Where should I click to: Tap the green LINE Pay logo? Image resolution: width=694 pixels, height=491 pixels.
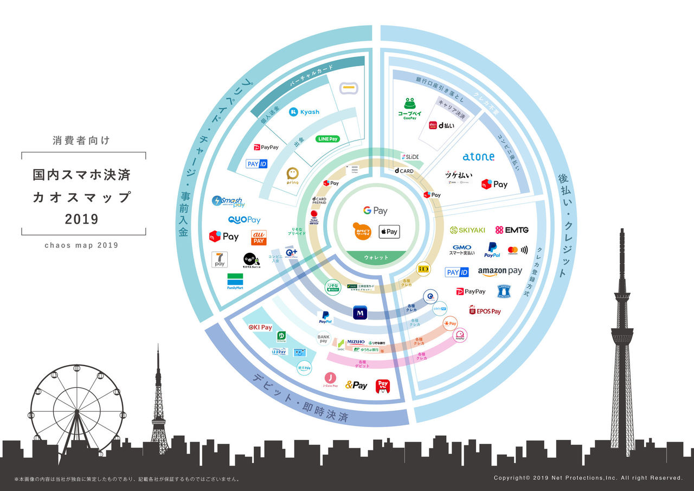pyautogui.click(x=327, y=139)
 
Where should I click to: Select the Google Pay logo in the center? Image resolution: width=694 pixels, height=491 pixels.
pyautogui.click(x=375, y=211)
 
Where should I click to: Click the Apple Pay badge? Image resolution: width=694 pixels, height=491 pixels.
pyautogui.click(x=389, y=232)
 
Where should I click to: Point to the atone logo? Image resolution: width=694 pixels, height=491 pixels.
pyautogui.click(x=478, y=156)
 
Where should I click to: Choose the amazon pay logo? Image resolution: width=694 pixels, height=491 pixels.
pyautogui.click(x=500, y=271)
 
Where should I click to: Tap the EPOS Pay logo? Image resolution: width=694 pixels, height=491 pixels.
pyautogui.click(x=485, y=311)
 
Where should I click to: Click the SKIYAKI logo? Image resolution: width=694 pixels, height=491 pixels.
pyautogui.click(x=467, y=230)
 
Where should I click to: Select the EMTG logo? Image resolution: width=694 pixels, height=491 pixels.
pyautogui.click(x=512, y=230)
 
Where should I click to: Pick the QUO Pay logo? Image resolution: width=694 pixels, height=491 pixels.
pyautogui.click(x=244, y=220)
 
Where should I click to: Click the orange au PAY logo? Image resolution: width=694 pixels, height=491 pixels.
pyautogui.click(x=259, y=238)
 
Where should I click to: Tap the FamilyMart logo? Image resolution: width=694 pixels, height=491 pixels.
pyautogui.click(x=235, y=282)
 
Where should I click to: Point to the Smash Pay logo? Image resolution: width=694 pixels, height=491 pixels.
pyautogui.click(x=228, y=202)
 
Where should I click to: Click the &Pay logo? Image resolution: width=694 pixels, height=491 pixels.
pyautogui.click(x=356, y=385)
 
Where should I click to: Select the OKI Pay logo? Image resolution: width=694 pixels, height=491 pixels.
pyautogui.click(x=260, y=328)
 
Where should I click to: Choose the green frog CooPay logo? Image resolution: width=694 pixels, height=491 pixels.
pyautogui.click(x=410, y=107)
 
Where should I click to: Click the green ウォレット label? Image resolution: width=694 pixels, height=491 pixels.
pyautogui.click(x=375, y=257)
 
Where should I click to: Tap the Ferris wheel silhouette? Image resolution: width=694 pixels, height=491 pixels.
pyautogui.click(x=76, y=410)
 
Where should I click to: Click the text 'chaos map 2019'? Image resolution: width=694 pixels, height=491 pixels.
pyautogui.click(x=81, y=245)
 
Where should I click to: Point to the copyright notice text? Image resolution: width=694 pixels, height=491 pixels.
pyautogui.click(x=588, y=478)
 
